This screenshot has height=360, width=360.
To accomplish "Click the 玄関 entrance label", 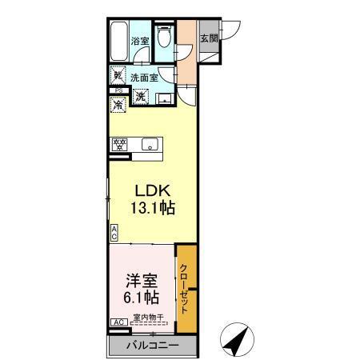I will pos(208,38).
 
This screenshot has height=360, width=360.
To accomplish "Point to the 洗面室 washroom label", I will pos(145,78).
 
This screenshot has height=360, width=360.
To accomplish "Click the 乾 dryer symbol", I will pos(118,77).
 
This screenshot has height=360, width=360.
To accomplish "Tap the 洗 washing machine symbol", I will pos(140,97).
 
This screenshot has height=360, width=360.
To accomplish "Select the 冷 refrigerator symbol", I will pos(118,105).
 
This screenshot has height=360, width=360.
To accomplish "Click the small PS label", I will pos(117,91).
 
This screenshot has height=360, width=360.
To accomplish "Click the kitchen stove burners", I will pos(120,145).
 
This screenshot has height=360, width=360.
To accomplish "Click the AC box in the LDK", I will pos(114,234).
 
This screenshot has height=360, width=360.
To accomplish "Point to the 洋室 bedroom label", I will pos(140,282).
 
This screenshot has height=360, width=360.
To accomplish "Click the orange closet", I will pos(185,290).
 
